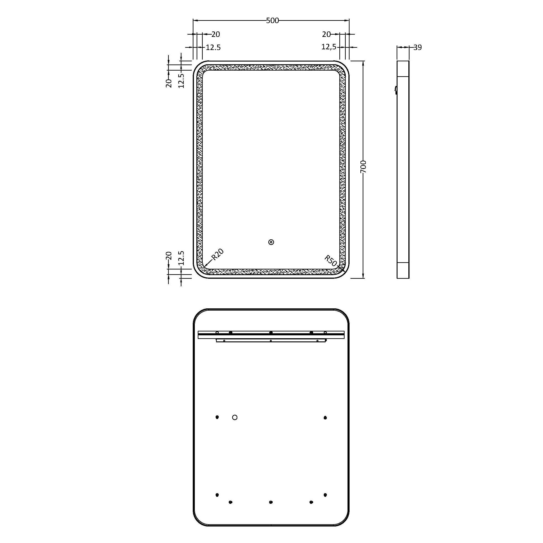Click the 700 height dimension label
tap(363, 167)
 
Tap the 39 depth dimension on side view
tap(418, 48)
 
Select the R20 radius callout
tap(217, 254)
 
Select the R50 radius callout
tap(331, 261)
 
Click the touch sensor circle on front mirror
tap(271, 242)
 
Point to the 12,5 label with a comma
tap(329, 47)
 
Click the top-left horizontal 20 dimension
tap(216, 34)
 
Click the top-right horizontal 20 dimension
tap(326, 34)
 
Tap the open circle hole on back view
tap(235, 417)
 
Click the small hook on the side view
tap(396, 90)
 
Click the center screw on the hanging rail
tap(271, 333)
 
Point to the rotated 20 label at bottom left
tap(169, 255)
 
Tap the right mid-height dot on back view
tap(325, 418)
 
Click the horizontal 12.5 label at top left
tap(213, 48)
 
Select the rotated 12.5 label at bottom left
tap(181, 258)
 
